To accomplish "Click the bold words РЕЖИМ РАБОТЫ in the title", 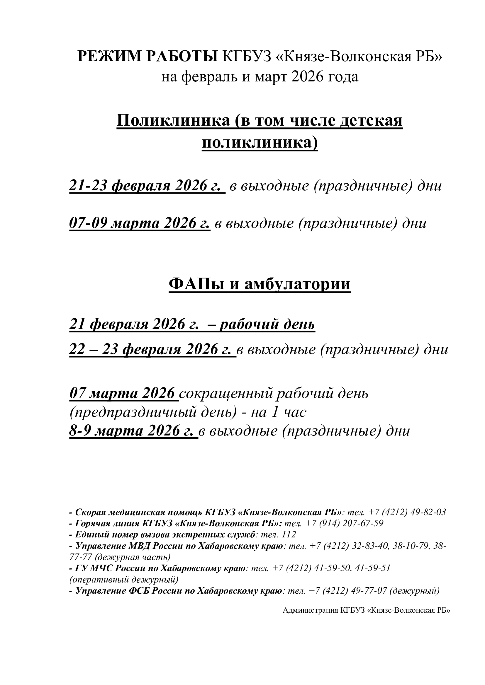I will click(147, 57).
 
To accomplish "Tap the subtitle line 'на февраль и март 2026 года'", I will click(260, 77).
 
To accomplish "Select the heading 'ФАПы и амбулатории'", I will click(260, 284).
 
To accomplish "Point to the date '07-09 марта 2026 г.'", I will click(140, 223).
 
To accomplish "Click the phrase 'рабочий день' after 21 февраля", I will click(267, 324).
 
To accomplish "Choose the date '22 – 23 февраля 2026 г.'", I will click(152, 349).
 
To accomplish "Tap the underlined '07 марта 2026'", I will click(124, 393).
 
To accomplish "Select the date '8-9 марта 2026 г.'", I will click(133, 431).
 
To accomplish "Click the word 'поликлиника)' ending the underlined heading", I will click(260, 143).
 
